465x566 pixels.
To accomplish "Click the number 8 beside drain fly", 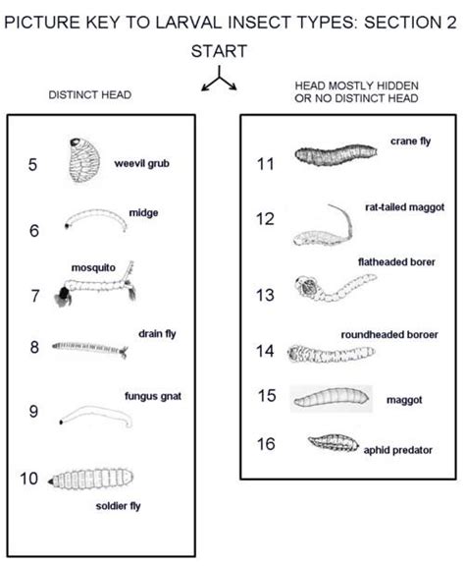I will (x=34, y=347).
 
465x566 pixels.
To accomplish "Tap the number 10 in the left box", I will (x=30, y=480).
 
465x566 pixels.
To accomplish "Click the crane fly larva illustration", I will (x=335, y=155).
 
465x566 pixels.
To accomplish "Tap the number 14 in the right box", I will (x=265, y=351).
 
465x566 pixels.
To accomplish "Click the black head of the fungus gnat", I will (x=64, y=423).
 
